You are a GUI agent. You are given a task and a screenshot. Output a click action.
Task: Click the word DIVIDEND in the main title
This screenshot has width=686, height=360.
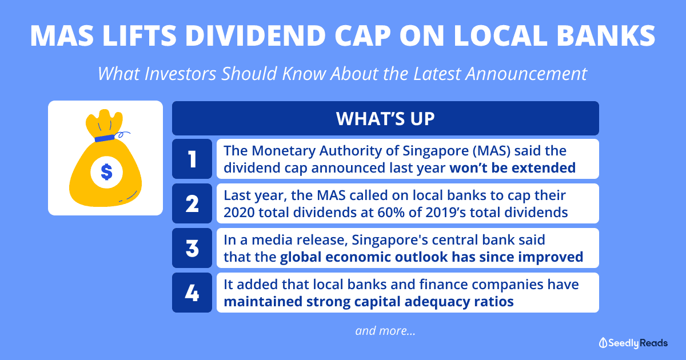pyautogui.click(x=256, y=35)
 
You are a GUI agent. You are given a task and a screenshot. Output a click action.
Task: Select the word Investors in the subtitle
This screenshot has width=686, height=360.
pyautogui.click(x=180, y=74)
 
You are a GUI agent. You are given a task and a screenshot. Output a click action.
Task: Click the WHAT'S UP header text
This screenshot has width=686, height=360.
pyautogui.click(x=385, y=118)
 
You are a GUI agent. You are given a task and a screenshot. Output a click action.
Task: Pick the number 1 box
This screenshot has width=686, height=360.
pyautogui.click(x=192, y=159)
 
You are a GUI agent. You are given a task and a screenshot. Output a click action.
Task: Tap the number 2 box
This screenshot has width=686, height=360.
pyautogui.click(x=192, y=203)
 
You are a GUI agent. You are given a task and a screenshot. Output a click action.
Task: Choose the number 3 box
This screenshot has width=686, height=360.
pyautogui.click(x=192, y=248)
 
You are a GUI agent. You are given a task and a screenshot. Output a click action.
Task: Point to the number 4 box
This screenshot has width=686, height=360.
pyautogui.click(x=192, y=293)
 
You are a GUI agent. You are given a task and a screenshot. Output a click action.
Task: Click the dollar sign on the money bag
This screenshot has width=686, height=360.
pyautogui.click(x=106, y=172)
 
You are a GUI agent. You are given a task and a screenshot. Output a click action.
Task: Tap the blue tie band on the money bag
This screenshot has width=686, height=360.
pyautogui.click(x=105, y=138)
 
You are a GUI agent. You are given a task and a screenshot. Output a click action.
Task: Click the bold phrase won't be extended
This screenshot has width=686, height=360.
pyautogui.click(x=513, y=168)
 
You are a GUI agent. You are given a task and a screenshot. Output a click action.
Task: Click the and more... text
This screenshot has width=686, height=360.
pyautogui.click(x=385, y=331)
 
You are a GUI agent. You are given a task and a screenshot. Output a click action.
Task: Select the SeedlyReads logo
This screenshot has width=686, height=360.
pyautogui.click(x=633, y=343)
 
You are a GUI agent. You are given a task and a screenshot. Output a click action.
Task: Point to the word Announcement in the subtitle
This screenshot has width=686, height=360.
pyautogui.click(x=526, y=74)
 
